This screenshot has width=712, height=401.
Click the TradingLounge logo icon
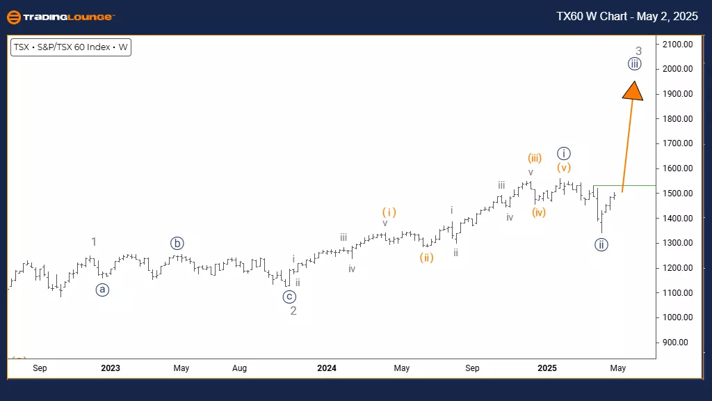(13, 17)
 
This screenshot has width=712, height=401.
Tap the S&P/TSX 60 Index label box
(71, 48)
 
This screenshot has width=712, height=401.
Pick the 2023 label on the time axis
(110, 368)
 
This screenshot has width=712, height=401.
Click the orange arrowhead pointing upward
(633, 92)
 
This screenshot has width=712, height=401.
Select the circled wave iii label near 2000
(634, 65)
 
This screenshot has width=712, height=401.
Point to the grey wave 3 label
(638, 51)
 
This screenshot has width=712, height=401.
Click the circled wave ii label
(602, 244)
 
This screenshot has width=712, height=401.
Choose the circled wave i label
(564, 153)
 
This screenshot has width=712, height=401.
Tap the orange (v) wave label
(563, 168)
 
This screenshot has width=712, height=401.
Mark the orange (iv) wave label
(538, 212)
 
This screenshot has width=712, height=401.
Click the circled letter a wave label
(103, 290)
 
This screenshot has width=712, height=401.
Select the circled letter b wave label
(177, 244)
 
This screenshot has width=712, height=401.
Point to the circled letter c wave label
(289, 297)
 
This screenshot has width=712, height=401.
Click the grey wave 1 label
(94, 242)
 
